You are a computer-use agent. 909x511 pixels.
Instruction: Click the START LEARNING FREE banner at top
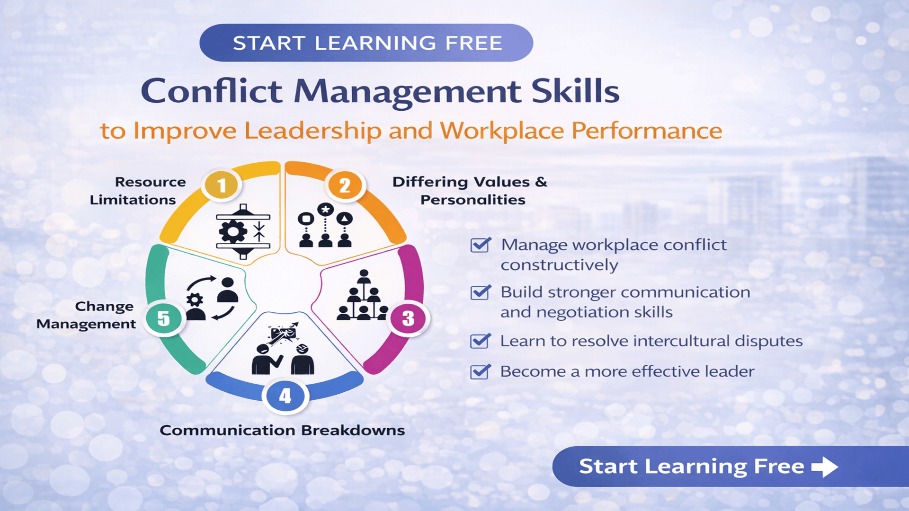click(366, 43)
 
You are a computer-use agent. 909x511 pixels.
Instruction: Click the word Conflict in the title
click(211, 91)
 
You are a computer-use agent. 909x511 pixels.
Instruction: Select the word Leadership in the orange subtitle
click(312, 131)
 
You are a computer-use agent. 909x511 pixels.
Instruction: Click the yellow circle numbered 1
click(221, 185)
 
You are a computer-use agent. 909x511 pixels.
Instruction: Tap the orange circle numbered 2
click(345, 185)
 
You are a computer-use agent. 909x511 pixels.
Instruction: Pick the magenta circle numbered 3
click(408, 318)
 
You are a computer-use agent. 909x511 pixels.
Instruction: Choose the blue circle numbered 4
click(285, 396)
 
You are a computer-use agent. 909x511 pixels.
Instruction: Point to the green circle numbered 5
click(163, 318)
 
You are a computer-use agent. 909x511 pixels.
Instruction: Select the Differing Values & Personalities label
click(470, 191)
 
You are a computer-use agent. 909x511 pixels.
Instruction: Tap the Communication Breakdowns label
click(282, 430)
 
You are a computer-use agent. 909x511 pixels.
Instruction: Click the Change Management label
click(86, 315)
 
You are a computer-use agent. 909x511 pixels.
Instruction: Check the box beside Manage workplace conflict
click(480, 245)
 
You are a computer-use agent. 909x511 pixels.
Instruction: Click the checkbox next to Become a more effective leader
click(480, 372)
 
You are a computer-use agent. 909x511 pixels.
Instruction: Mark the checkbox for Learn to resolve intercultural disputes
click(480, 341)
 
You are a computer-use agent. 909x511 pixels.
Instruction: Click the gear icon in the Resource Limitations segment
click(232, 232)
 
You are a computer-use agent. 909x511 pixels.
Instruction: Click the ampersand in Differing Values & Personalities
click(541, 182)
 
